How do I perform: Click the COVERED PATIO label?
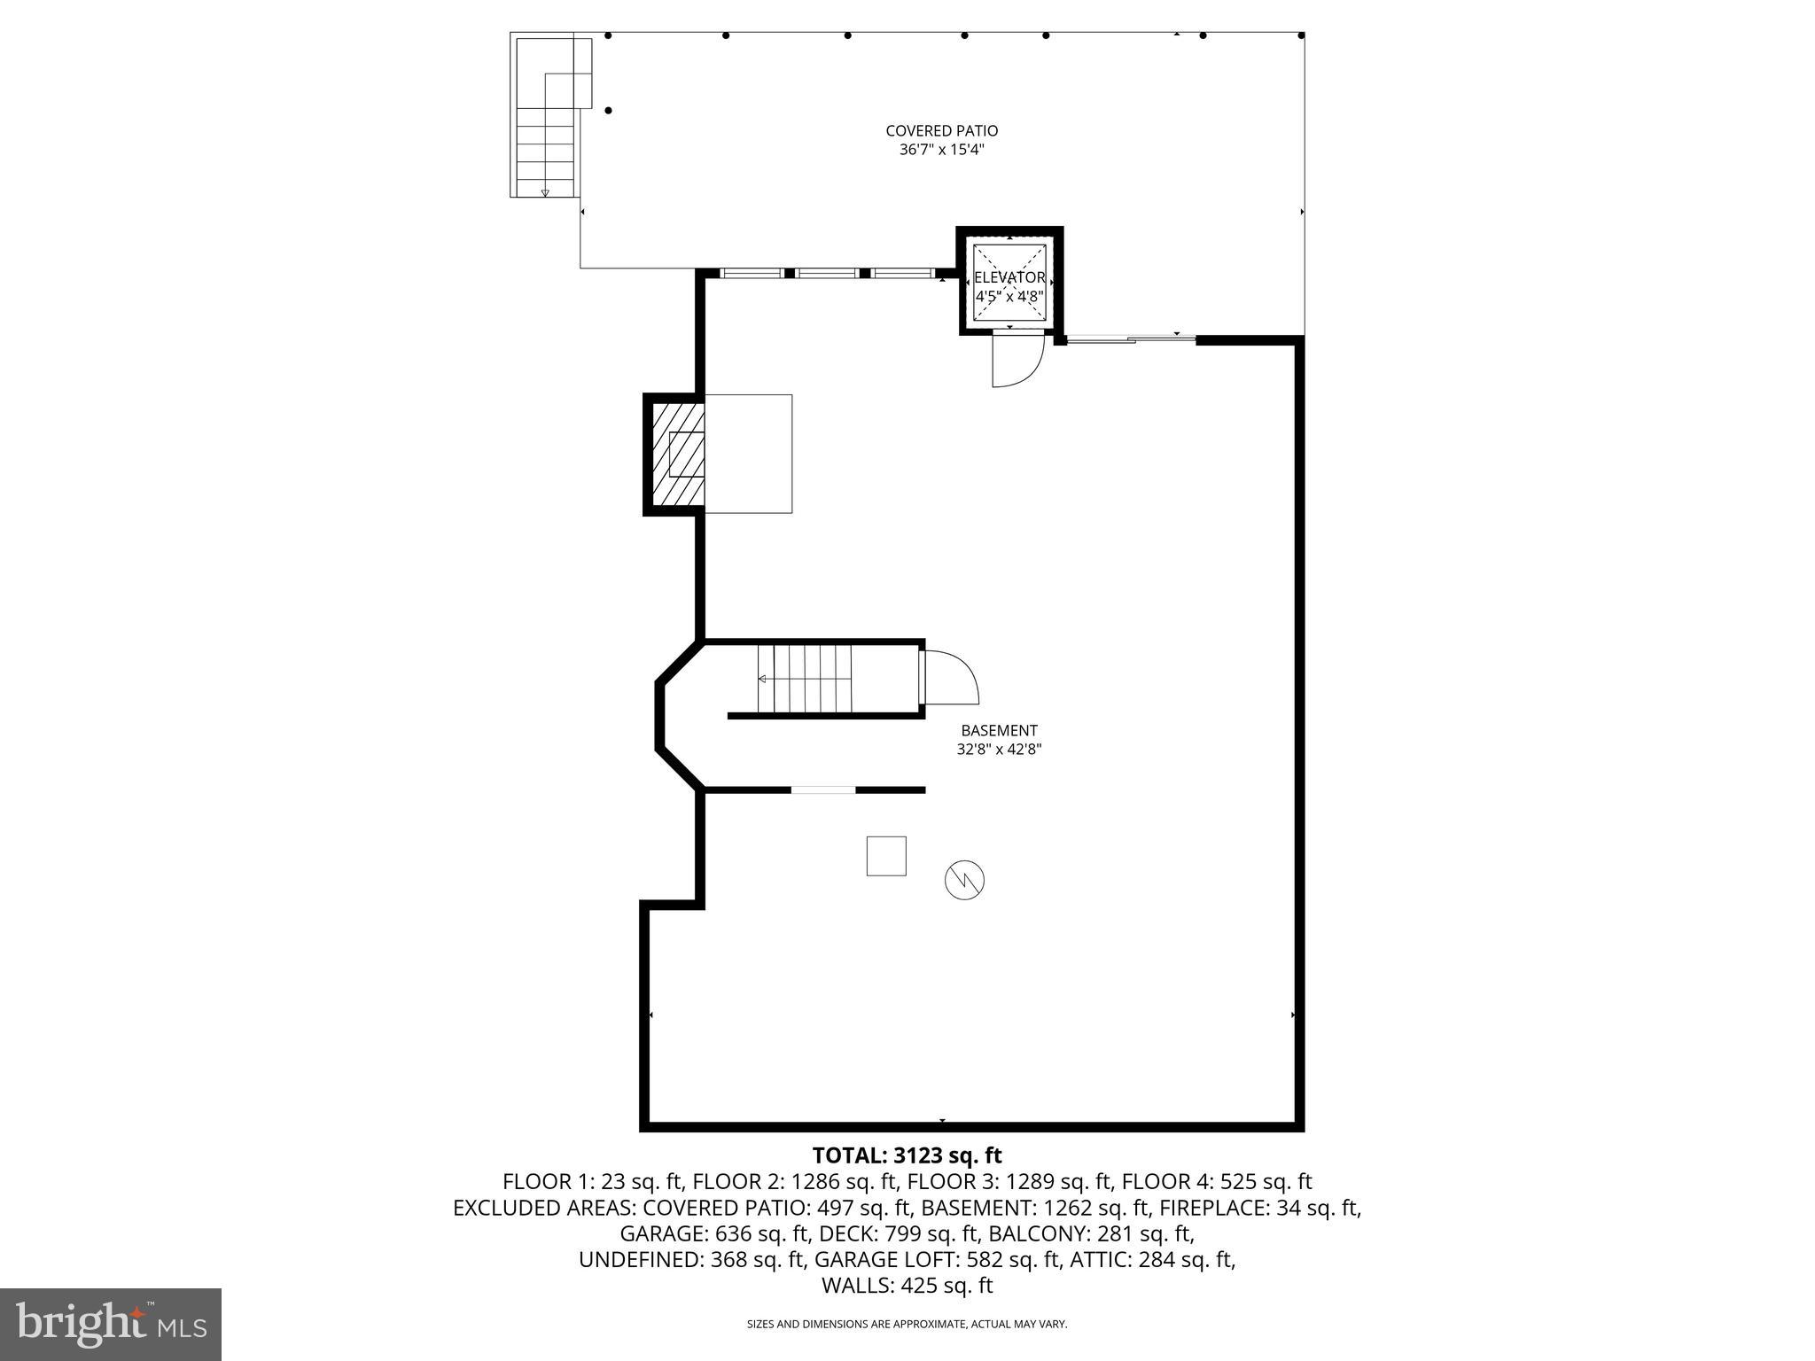pos(941,131)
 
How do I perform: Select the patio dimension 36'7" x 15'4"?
pos(941,151)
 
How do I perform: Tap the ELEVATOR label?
pos(1009,277)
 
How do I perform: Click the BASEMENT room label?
pos(999,731)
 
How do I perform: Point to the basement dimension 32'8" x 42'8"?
pos(999,750)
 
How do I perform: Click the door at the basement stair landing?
pos(948,678)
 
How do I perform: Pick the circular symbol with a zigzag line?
pos(965,880)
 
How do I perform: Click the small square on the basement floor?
pos(886,856)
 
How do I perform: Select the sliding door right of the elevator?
pos(1130,338)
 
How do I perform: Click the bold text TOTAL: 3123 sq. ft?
pos(907,1155)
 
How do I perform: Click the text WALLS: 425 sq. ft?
pos(907,1286)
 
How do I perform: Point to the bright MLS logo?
pos(111,1324)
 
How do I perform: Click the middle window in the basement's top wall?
pos(826,273)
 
